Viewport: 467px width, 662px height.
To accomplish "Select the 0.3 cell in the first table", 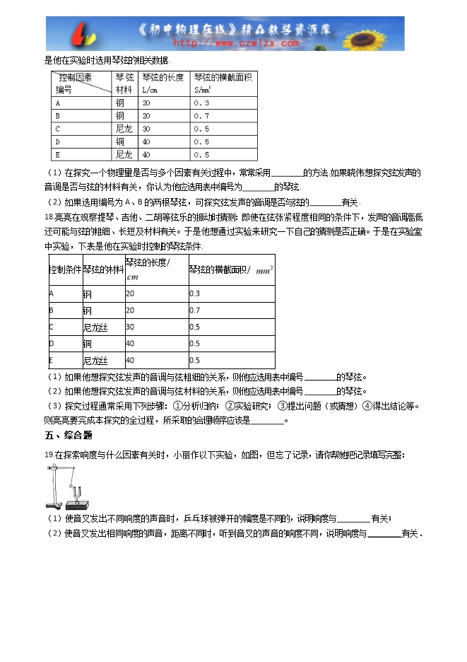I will [201, 103].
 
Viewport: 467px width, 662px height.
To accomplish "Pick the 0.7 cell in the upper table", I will [201, 115].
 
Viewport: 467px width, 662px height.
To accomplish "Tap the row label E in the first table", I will [57, 154].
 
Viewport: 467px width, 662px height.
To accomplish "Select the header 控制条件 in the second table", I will [64, 269].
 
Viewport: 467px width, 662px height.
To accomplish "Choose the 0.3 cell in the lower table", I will [195, 294].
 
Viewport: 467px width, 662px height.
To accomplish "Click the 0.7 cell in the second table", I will [195, 310].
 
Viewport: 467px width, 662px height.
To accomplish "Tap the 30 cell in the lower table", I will [130, 327].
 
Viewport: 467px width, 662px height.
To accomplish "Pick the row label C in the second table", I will [52, 327].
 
